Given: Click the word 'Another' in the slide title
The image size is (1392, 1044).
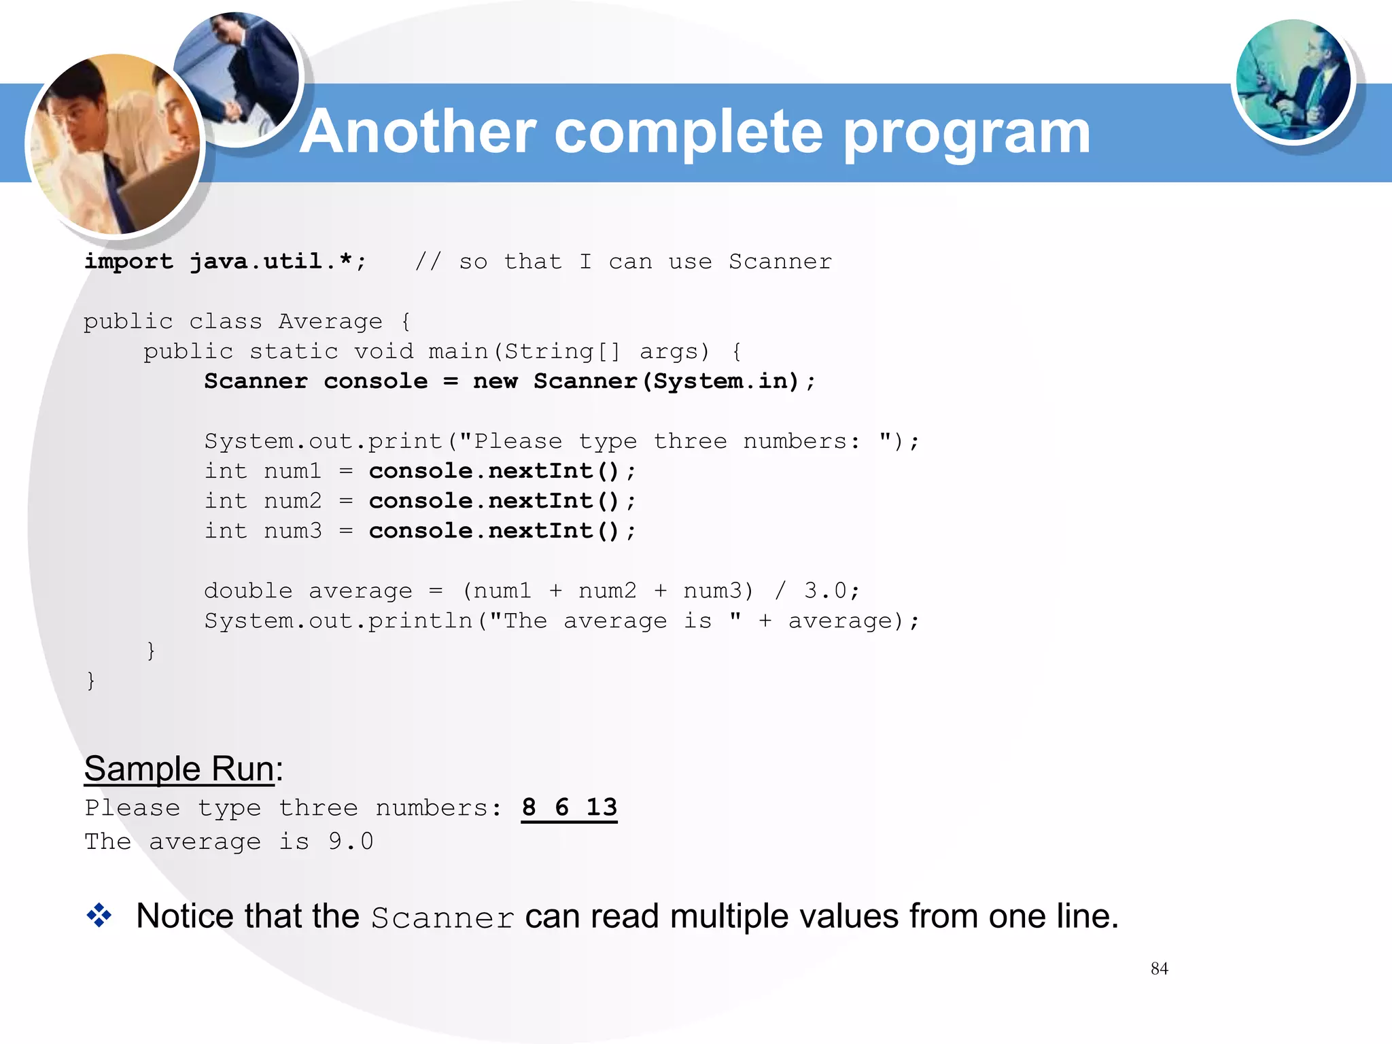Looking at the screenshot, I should [417, 132].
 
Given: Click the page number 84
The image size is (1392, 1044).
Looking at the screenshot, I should [1159, 969].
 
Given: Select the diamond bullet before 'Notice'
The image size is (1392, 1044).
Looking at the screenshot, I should [99, 916].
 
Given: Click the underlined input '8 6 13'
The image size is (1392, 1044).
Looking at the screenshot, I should [569, 807].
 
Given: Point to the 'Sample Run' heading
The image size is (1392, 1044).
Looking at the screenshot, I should [179, 769].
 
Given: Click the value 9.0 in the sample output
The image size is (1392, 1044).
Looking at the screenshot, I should [351, 841].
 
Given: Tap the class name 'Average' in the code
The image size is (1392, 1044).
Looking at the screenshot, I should [330, 321].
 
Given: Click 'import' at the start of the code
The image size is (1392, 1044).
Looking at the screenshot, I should [128, 262].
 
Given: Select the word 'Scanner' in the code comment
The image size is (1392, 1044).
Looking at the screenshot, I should [780, 262].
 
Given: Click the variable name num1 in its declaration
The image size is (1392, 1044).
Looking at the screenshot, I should [292, 471].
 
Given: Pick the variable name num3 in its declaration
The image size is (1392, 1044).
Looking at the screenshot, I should [292, 531].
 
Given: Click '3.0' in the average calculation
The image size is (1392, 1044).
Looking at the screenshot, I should [825, 591].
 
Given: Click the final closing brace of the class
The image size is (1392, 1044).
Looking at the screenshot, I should [90, 680].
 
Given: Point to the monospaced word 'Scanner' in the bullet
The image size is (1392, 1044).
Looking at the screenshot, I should [442, 918].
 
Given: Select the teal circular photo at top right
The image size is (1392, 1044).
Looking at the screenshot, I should [1293, 80].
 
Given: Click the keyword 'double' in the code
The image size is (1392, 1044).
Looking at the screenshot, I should [248, 591].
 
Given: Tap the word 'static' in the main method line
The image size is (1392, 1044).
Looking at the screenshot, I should [294, 351].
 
